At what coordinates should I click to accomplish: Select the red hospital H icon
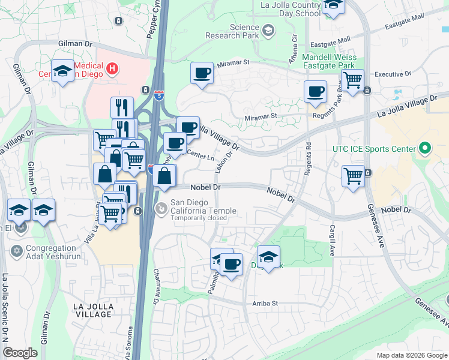tap(111, 69)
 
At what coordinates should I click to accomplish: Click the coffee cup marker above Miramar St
tap(202, 74)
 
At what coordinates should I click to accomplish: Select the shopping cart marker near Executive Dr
tap(354, 79)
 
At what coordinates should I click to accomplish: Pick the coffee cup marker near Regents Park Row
tap(315, 92)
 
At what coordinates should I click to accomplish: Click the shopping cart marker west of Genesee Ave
tap(353, 176)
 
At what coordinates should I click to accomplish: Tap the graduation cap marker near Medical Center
tap(62, 71)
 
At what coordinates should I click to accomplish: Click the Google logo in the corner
tap(20, 353)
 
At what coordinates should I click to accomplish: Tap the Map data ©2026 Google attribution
tap(411, 355)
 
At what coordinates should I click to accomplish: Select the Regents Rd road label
tap(308, 154)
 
